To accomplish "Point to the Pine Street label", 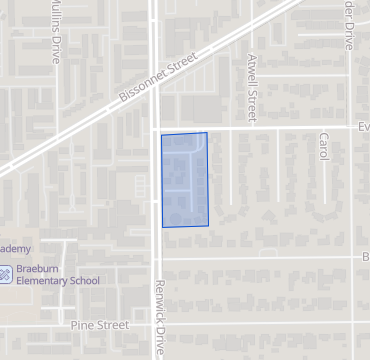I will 100,325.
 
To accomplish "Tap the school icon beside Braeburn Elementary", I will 6,273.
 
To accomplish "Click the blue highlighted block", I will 185,180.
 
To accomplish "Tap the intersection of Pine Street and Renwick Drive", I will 156,325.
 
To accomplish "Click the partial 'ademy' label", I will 16,248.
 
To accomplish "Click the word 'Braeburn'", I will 43,268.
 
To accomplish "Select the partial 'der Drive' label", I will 346,25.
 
